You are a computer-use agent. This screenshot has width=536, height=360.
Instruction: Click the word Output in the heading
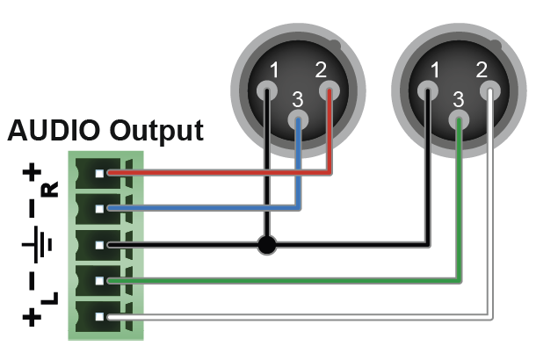tap(157, 131)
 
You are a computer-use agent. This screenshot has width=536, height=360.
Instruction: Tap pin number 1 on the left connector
tap(266, 89)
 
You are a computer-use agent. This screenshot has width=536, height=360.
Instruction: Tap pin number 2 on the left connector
tap(329, 89)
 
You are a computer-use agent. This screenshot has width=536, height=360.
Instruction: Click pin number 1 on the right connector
tap(428, 89)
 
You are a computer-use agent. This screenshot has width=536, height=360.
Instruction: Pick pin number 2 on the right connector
tap(489, 89)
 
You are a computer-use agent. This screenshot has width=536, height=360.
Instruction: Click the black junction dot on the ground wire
tap(266, 244)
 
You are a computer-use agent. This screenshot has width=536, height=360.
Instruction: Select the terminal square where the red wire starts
tap(111, 173)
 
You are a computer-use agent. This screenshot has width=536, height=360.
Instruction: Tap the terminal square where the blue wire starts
tap(111, 208)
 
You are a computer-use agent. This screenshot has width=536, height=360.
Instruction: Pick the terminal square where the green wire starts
tap(111, 280)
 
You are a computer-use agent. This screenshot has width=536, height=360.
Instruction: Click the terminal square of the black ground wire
tap(111, 244)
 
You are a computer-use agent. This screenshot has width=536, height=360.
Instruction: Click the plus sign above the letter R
tap(33, 173)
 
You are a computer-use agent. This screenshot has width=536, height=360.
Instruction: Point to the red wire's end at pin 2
tap(329, 91)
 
